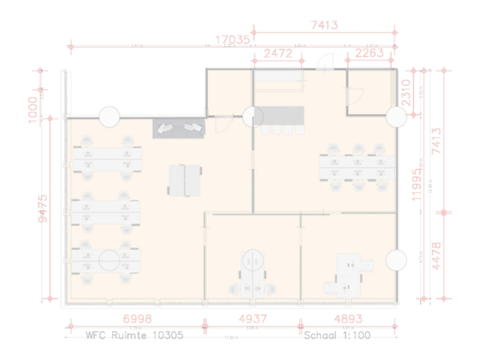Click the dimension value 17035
232,40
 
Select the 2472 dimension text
277,53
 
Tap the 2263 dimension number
369,53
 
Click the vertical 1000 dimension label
33,109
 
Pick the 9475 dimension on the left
43,207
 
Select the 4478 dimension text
437,255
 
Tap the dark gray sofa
179,129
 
